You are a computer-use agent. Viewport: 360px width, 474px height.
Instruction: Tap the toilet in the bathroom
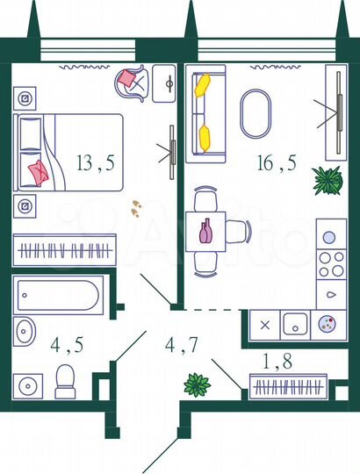[x=65, y=381]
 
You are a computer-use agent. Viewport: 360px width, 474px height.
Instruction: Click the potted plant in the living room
[x=327, y=180]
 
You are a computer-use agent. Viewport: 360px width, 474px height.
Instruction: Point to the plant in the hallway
[x=196, y=384]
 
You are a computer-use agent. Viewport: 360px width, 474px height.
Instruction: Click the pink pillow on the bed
[x=37, y=171]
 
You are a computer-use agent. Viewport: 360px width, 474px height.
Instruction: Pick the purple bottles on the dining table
[x=205, y=232]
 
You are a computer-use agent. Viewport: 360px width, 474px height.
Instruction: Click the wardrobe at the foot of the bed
[x=65, y=250]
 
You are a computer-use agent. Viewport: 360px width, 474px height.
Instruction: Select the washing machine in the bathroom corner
[x=30, y=384]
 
